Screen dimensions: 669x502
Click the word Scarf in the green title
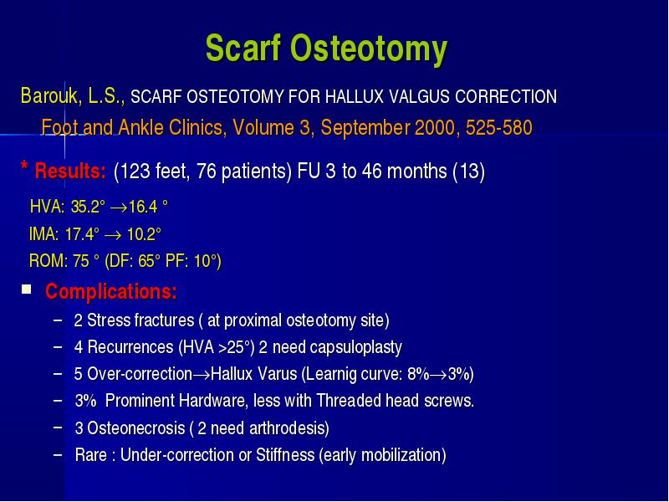point(243,48)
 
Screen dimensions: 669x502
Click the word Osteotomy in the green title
point(369,49)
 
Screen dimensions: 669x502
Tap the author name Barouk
point(49,95)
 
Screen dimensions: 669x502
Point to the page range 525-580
point(498,128)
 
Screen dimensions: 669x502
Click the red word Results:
point(70,172)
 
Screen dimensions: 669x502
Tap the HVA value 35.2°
point(88,207)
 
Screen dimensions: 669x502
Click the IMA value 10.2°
point(144,234)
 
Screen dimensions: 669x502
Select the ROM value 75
point(80,261)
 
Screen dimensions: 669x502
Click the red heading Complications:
point(111,291)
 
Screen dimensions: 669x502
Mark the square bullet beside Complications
point(27,289)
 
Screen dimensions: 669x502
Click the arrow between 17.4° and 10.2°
point(113,235)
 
